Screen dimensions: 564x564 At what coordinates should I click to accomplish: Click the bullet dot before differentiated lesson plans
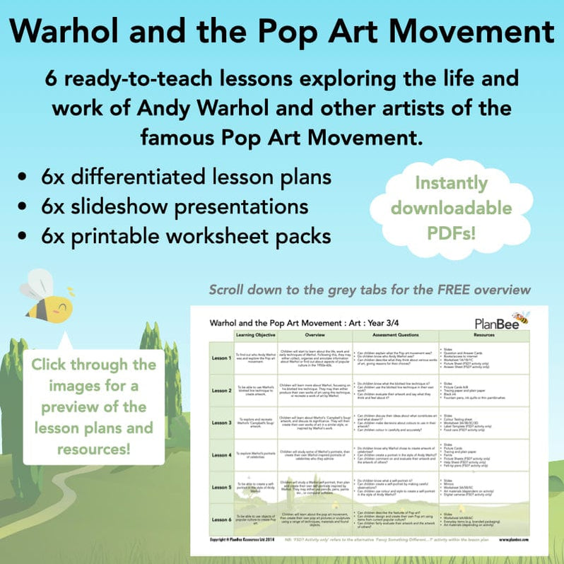click(25, 177)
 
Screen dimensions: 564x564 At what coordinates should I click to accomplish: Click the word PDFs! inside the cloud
click(462, 232)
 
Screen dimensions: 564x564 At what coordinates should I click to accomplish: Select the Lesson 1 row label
click(221, 358)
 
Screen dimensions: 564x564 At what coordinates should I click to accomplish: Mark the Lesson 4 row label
click(221, 455)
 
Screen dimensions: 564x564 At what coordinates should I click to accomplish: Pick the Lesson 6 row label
click(221, 520)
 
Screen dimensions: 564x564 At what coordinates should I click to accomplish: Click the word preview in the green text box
click(86, 409)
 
